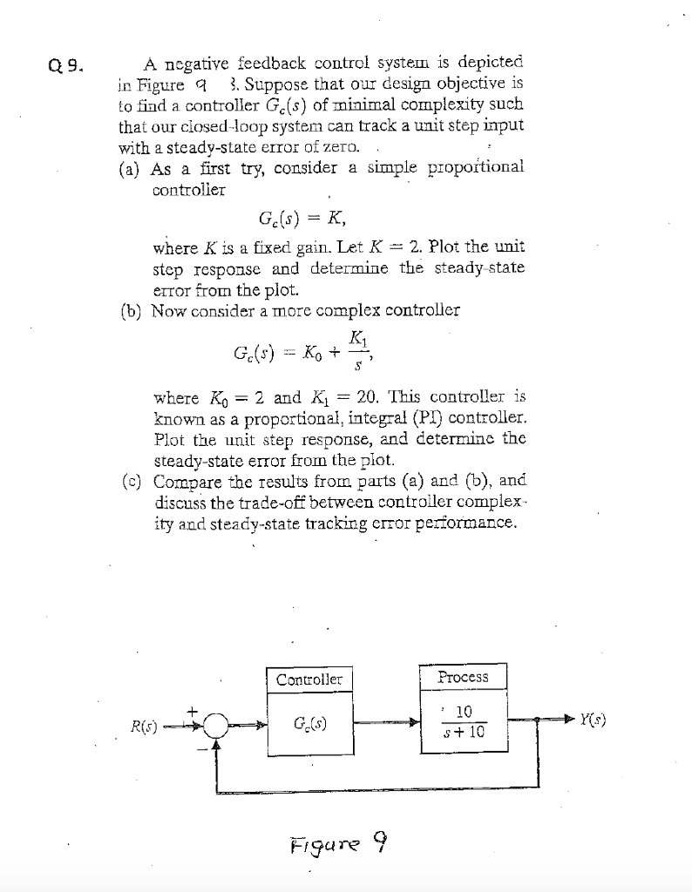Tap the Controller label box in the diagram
[x=310, y=679]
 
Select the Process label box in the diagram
[x=463, y=677]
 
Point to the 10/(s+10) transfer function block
[x=463, y=723]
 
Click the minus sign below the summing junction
[x=199, y=746]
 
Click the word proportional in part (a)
[x=479, y=168]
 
